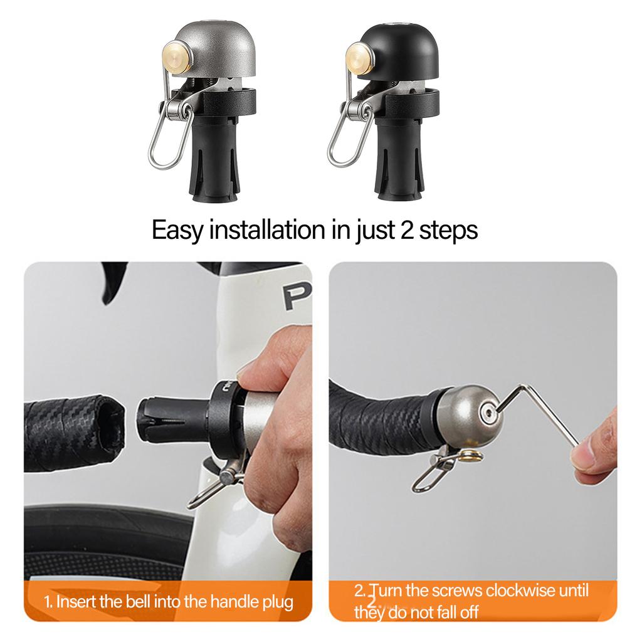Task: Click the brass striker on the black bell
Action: pyautogui.click(x=359, y=56)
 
